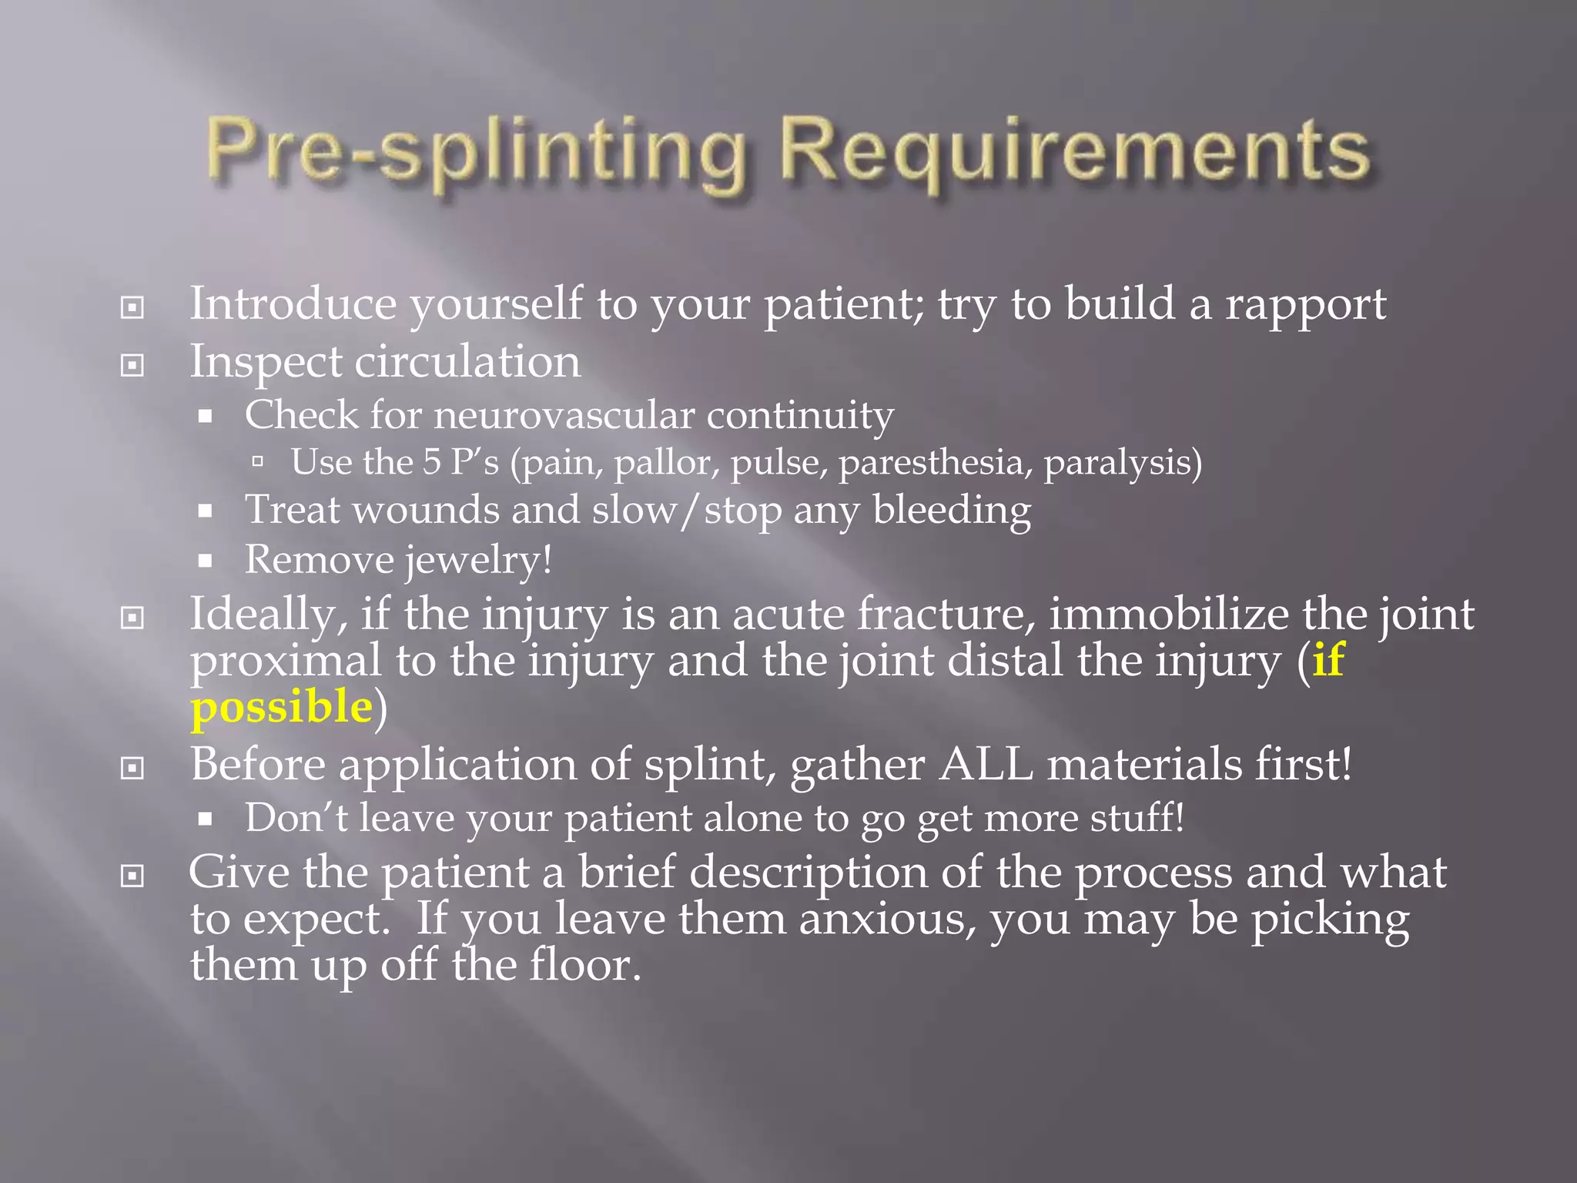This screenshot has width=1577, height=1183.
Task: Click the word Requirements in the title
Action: (x=1074, y=154)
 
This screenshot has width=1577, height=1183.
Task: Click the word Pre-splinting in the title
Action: (x=477, y=154)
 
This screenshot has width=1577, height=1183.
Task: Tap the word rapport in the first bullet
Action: (x=1305, y=306)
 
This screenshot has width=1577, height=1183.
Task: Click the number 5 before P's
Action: (x=432, y=462)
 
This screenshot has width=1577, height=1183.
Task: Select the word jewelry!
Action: (x=479, y=560)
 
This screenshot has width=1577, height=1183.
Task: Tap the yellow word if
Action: (x=1328, y=660)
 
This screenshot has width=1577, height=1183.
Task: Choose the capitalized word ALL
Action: (x=986, y=765)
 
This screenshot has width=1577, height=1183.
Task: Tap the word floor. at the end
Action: (x=585, y=965)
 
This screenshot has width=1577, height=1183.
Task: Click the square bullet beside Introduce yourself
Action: (x=132, y=308)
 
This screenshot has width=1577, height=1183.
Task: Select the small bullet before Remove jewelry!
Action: (x=205, y=561)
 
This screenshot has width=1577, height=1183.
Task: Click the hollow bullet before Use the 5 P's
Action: (x=258, y=462)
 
